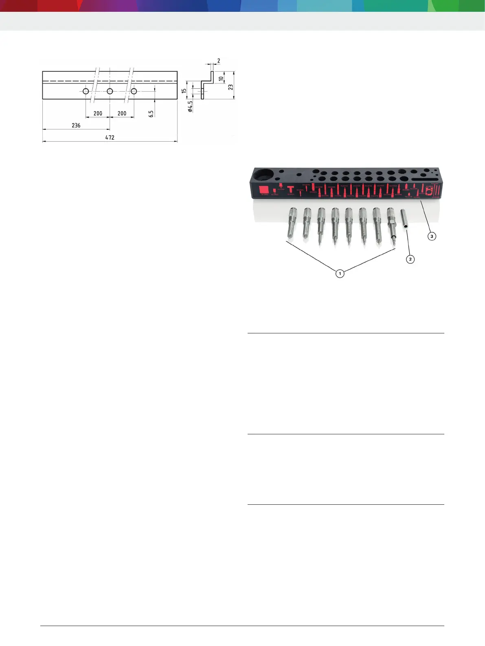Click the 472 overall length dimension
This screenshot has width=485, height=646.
tap(110, 138)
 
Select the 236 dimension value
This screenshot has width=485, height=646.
tap(76, 125)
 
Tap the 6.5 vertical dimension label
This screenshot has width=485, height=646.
tap(151, 114)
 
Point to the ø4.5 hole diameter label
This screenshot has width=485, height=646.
tap(190, 106)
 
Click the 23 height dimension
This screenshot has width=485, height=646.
tap(231, 87)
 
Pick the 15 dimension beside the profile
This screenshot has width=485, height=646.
tap(184, 91)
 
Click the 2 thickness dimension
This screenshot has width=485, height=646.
tap(219, 61)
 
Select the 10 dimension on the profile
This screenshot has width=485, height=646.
tap(221, 79)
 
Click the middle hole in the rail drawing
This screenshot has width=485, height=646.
tap(110, 91)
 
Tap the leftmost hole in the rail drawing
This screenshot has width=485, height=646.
tap(86, 91)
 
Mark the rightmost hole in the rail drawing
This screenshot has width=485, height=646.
tap(134, 91)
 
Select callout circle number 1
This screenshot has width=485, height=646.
tap(340, 274)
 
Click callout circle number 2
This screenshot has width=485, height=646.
tap(410, 259)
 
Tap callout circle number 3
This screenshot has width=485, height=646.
tap(432, 236)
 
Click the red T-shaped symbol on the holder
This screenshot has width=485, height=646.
tap(290, 189)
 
